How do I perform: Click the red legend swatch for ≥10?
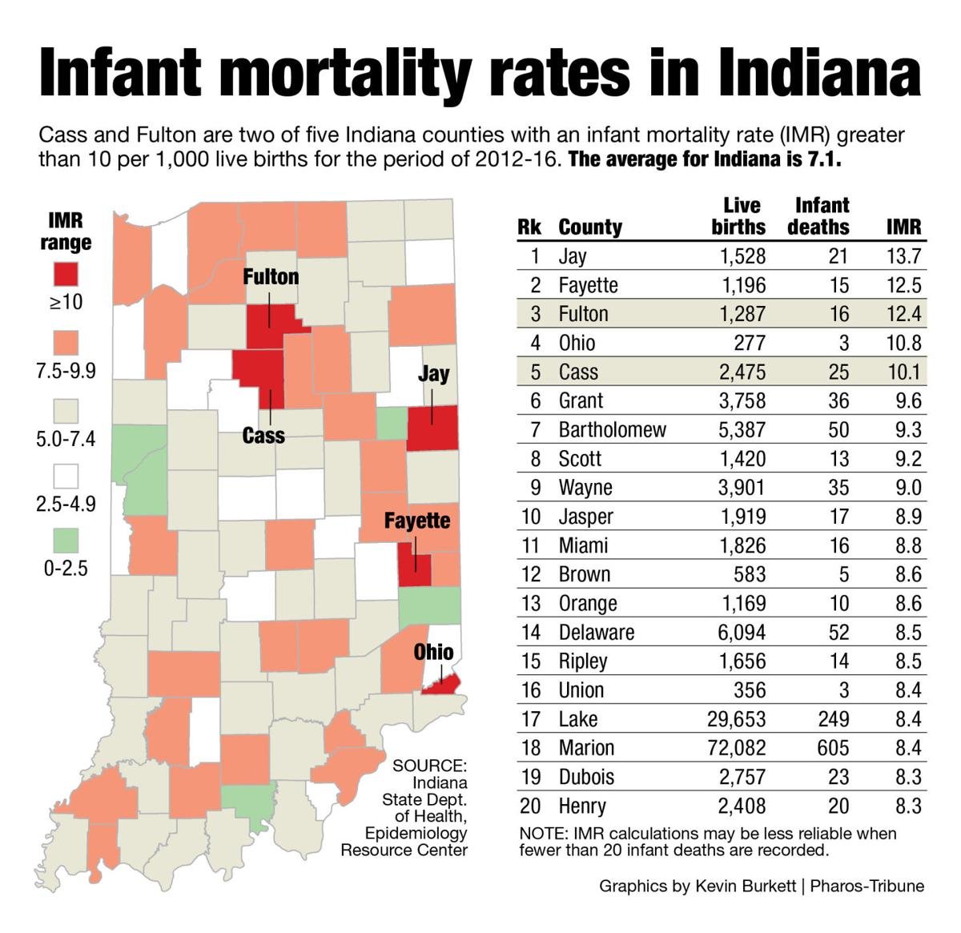point(66,273)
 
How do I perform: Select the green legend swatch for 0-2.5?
point(66,540)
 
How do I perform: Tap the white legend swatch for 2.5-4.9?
point(66,476)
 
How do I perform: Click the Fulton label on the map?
point(271,277)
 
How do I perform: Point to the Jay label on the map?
point(433,373)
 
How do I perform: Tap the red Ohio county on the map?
point(441,683)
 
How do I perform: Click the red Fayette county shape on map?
point(414,565)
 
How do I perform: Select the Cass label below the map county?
point(263,435)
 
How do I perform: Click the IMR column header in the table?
point(903,227)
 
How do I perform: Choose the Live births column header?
point(738,216)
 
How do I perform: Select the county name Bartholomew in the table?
point(612,430)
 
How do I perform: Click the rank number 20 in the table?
point(530,806)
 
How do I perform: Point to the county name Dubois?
point(586,777)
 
